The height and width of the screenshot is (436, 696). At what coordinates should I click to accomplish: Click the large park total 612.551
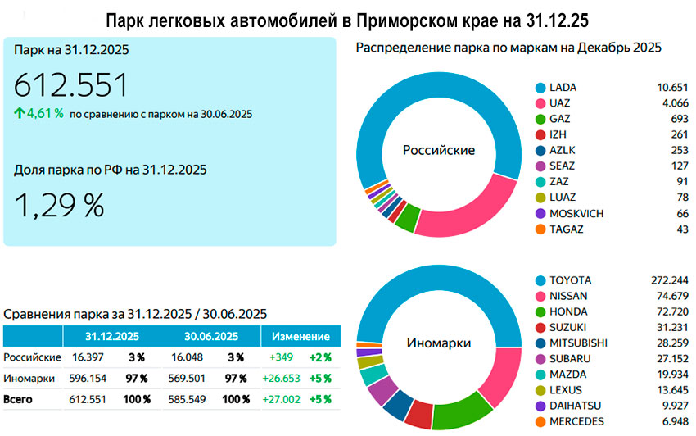[71, 85]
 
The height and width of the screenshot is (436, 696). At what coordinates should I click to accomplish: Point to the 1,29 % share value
[59, 205]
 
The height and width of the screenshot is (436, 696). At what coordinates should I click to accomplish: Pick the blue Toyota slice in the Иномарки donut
[491, 303]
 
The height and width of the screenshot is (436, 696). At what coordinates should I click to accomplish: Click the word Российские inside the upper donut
[438, 150]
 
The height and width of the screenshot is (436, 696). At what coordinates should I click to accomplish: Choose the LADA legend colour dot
[540, 87]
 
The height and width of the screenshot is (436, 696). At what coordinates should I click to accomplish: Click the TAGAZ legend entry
[566, 229]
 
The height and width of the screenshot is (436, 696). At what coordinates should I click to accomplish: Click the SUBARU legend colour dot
[540, 358]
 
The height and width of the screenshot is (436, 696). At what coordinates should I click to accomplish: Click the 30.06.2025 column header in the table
[210, 336]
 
